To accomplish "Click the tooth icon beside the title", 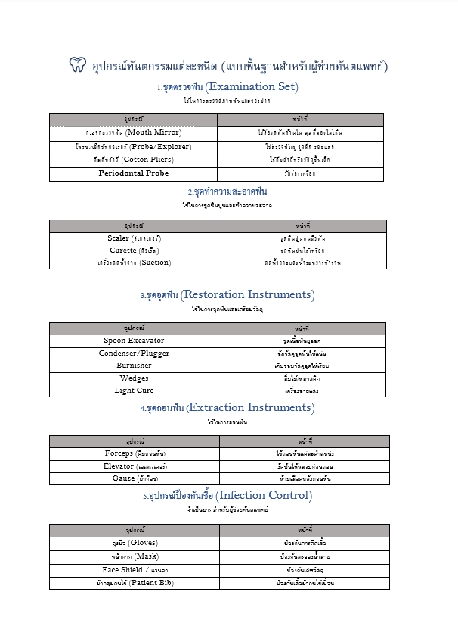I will click(x=77, y=65).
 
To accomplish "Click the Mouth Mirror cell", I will click(x=133, y=132).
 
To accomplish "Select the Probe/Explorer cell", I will click(x=133, y=145).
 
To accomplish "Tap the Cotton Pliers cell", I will click(x=133, y=159).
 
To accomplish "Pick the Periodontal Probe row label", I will click(x=133, y=173).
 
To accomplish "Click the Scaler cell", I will click(x=134, y=238).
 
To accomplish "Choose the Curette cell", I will click(x=134, y=250).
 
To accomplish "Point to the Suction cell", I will click(x=134, y=263).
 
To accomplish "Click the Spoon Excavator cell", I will click(x=134, y=341).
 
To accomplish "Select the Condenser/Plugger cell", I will click(x=134, y=353).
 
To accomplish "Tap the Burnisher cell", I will click(x=134, y=366).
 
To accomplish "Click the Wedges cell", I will click(x=134, y=378).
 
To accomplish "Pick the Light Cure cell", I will click(x=134, y=391).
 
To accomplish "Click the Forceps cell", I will click(x=134, y=453).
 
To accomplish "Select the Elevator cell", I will click(x=134, y=466).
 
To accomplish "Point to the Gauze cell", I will click(x=134, y=478).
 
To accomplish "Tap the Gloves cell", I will click(x=134, y=543).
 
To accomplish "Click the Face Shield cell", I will click(x=134, y=569).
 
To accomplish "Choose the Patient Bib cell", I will click(x=134, y=583).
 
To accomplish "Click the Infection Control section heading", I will click(x=227, y=496).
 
